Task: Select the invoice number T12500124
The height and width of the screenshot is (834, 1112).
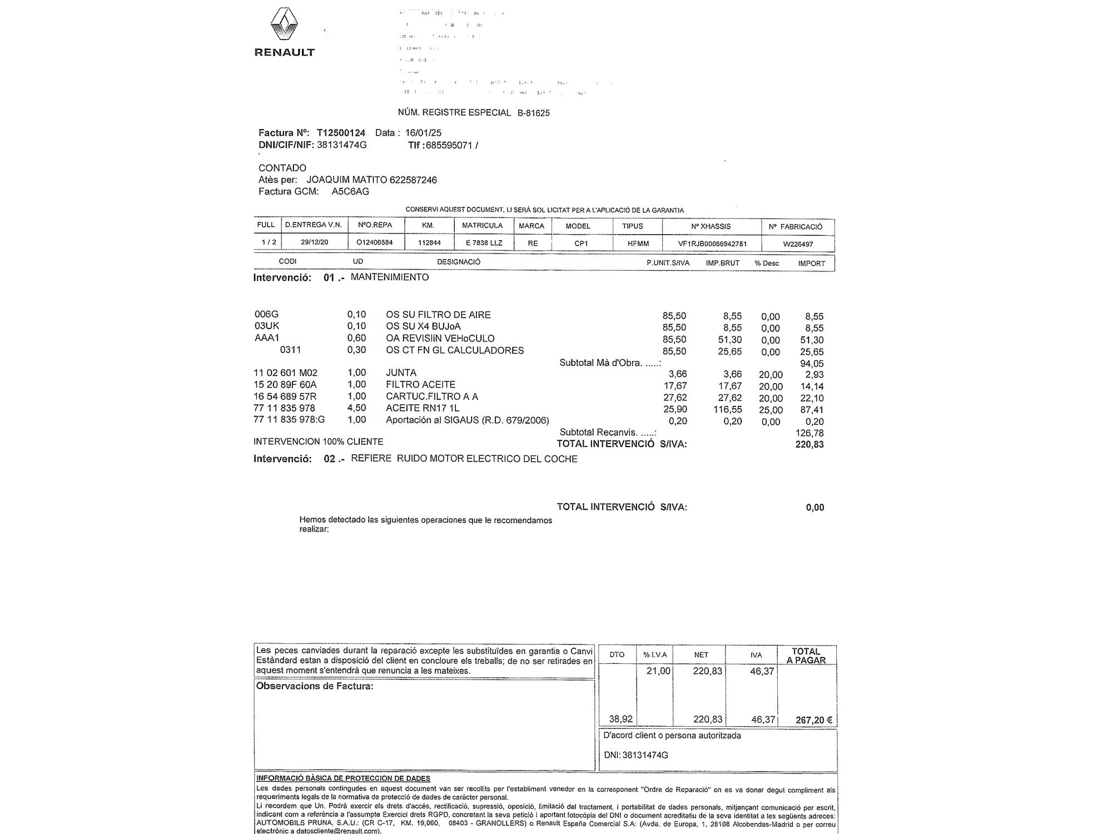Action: pos(341,133)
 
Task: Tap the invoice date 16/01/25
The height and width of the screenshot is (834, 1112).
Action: pos(423,133)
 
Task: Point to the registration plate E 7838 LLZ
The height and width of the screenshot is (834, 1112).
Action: pos(484,243)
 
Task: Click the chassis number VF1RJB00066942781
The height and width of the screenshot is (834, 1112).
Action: pos(712,244)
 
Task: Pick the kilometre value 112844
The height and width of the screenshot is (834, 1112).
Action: pos(429,243)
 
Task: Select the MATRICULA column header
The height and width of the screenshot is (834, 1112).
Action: pos(482,226)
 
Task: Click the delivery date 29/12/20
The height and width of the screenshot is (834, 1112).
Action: pos(314,242)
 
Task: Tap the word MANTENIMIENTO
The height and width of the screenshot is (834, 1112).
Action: pos(390,277)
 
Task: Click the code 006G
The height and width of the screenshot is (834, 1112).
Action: pos(266,315)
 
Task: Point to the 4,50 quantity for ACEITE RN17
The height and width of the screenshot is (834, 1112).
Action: pos(356,408)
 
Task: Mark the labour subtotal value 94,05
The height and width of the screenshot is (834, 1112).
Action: pos(812,364)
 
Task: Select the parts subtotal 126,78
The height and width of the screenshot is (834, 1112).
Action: pos(810,433)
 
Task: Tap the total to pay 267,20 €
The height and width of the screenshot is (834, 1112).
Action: pos(813,720)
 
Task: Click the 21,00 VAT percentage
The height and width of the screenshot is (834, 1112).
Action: pos(658,671)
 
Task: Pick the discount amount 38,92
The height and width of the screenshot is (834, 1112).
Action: pos(620,719)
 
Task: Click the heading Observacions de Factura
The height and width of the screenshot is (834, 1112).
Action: pos(314,686)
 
